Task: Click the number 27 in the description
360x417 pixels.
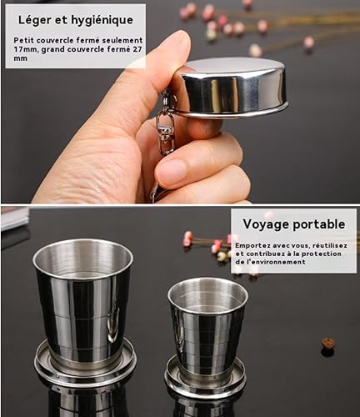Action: (137, 49)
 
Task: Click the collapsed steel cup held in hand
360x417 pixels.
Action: (232, 88)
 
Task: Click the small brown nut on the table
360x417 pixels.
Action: (328, 344)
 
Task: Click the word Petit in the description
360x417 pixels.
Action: (23, 41)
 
